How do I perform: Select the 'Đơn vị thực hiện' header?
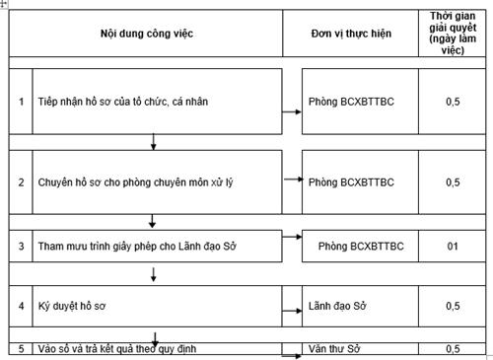pos(350,34)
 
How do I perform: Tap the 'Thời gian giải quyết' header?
pos(452,33)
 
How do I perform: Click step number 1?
pos(21,102)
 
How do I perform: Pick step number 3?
pos(21,244)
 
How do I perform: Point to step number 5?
pos(21,349)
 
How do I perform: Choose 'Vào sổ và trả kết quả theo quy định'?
pos(123,349)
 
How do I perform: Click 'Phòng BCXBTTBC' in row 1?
pos(351,102)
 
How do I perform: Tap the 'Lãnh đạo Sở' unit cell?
pos(335,307)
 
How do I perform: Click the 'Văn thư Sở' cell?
pos(333,349)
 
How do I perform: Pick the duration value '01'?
pos(452,244)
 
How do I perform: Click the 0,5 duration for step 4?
pos(452,307)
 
